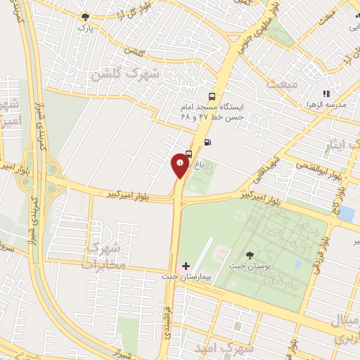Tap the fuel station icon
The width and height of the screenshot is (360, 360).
[207, 141]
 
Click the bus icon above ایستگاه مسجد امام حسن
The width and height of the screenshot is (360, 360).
[211, 97]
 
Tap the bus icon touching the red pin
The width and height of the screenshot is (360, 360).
[189, 156]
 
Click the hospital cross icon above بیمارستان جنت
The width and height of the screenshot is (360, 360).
[186, 266]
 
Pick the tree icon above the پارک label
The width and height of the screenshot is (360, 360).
[85, 16]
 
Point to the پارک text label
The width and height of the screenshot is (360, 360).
[84, 27]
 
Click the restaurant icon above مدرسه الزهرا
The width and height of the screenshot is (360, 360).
[326, 93]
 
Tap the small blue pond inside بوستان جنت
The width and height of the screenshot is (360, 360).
[297, 264]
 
